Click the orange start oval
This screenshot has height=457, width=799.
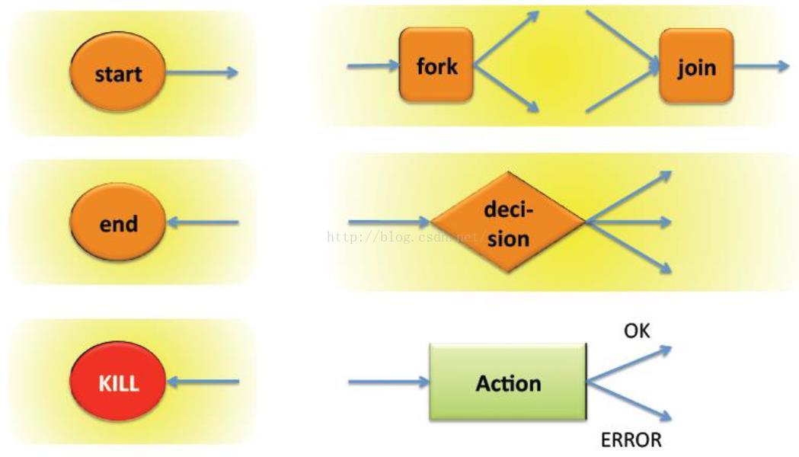point(117,73)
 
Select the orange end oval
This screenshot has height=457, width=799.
point(117,223)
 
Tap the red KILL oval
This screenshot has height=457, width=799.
point(117,382)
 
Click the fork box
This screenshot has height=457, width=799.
point(436,66)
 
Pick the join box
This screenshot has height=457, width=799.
point(696,67)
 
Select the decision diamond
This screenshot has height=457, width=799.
point(507,222)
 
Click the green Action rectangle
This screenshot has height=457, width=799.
point(508,382)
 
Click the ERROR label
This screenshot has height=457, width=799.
point(631,439)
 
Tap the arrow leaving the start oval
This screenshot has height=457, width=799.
point(201,73)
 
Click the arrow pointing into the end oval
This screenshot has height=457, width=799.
point(203,223)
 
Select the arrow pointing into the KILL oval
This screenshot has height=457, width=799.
point(203,381)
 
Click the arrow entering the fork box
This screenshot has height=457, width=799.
point(373,66)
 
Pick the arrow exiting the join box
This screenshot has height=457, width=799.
point(761,66)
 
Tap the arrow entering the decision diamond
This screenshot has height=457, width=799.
point(389,222)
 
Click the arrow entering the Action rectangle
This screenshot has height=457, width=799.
point(389,381)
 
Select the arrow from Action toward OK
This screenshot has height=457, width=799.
point(629,363)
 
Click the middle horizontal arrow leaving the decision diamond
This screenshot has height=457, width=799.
point(628,222)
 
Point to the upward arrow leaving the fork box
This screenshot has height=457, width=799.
point(507,39)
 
